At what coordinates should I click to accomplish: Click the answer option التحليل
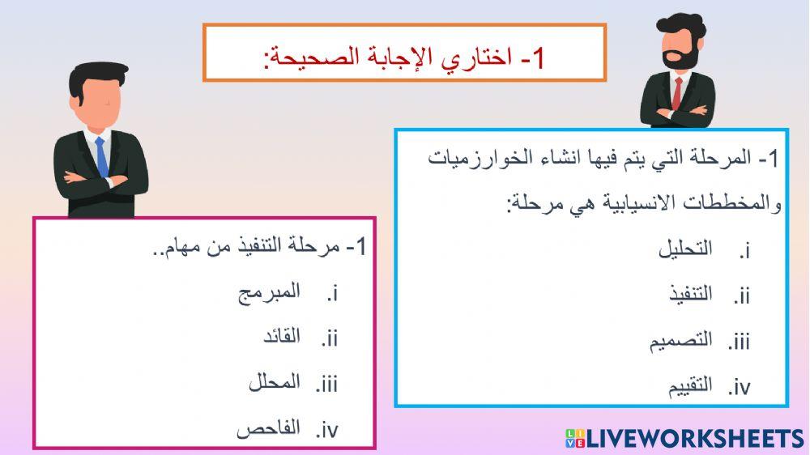click(685, 249)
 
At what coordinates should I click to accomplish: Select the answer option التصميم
click(681, 340)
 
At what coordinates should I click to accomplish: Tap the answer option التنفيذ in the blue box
click(690, 294)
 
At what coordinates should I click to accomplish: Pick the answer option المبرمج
click(269, 292)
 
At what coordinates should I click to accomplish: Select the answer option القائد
click(282, 337)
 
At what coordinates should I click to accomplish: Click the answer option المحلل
click(275, 382)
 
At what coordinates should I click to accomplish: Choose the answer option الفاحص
click(268, 428)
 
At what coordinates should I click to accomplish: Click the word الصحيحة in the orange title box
click(316, 57)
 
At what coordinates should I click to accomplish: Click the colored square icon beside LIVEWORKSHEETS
click(574, 440)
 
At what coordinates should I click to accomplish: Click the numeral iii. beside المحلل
click(326, 383)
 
